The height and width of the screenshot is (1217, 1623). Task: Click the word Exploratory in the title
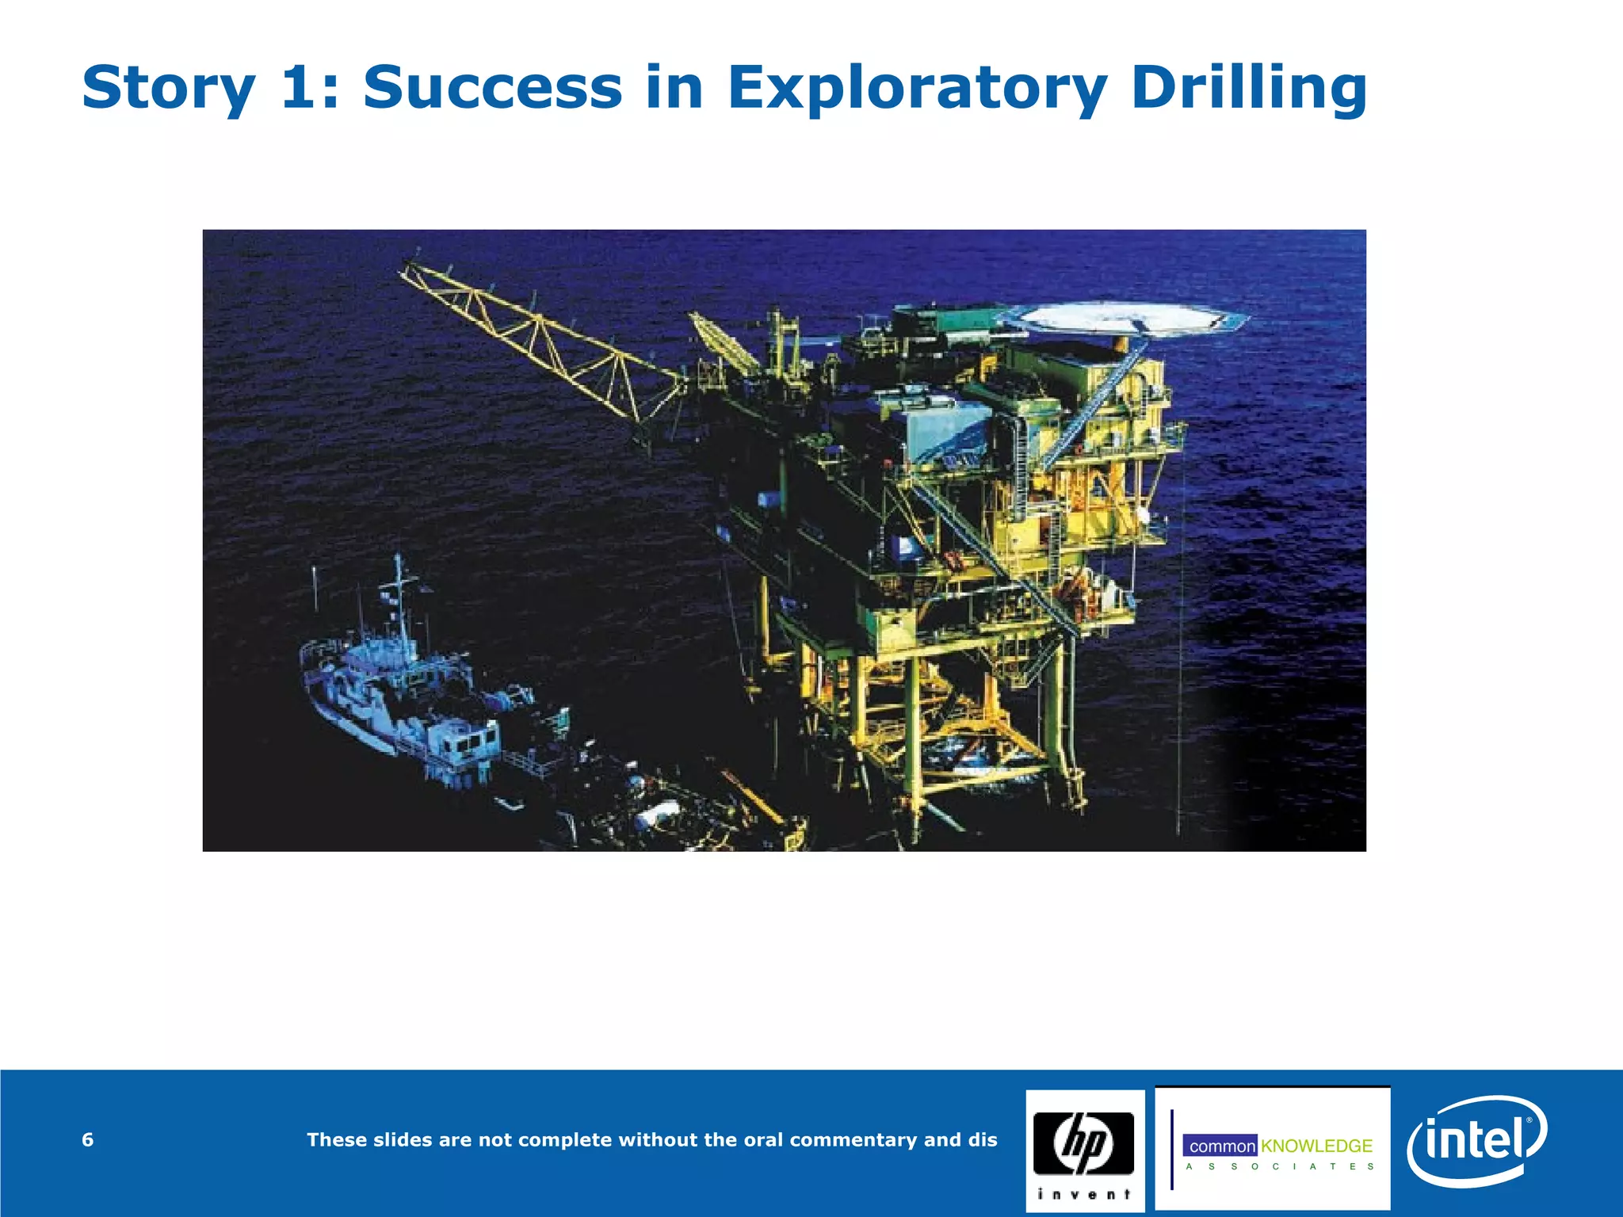click(x=918, y=89)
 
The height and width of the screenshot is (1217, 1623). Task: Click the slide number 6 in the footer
click(x=87, y=1139)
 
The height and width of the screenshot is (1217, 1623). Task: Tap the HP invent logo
click(x=1084, y=1150)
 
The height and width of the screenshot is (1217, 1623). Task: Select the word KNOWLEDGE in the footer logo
click(x=1316, y=1146)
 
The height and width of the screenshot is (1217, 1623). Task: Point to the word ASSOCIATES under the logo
click(x=1280, y=1166)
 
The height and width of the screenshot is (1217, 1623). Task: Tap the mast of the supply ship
click(x=401, y=602)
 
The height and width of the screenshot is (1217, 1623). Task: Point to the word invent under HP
click(x=1084, y=1195)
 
